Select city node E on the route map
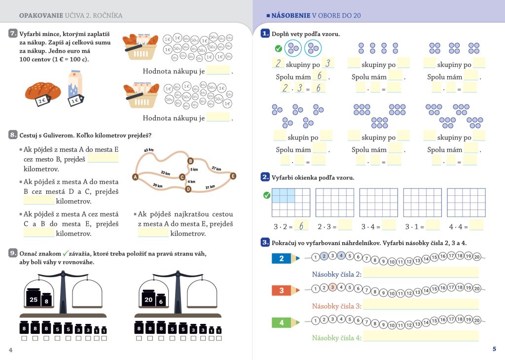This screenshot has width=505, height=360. point(233,176)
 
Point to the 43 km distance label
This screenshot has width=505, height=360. point(149,150)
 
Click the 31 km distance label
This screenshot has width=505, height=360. point(210,187)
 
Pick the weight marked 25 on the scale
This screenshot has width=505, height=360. point(34,299)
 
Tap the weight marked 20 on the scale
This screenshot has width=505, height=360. point(148,299)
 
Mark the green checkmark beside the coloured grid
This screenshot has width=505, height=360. point(267,195)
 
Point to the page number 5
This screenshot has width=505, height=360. point(494,349)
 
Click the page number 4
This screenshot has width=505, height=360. point(10,350)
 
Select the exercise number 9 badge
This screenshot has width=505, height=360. point(13,253)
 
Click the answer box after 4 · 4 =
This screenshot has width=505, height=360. point(476,226)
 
